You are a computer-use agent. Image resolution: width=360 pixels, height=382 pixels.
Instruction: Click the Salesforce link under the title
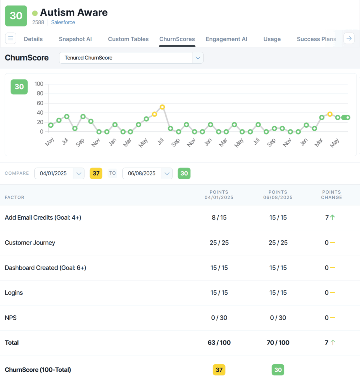coord(63,22)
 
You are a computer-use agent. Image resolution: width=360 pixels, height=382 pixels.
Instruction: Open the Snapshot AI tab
coord(75,39)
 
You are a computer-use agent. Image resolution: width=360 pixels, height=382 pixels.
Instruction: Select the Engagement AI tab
coord(226,39)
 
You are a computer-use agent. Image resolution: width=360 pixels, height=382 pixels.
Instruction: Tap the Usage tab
coord(272,39)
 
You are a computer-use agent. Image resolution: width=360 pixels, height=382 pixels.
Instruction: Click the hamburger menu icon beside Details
coord(11,38)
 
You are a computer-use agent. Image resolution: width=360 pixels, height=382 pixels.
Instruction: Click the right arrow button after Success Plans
coord(349,38)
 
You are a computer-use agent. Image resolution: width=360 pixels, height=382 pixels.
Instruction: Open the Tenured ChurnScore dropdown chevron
coord(198,58)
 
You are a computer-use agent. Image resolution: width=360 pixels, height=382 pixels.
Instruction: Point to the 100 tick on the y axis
coord(39,84)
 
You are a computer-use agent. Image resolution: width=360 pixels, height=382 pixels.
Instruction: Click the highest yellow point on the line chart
coord(162,107)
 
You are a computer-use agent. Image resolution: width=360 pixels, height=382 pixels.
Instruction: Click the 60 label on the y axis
coord(40,103)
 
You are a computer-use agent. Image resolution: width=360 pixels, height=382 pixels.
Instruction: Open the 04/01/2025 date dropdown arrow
coord(79,174)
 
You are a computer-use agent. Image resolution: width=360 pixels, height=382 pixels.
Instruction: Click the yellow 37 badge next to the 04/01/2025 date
coord(96,174)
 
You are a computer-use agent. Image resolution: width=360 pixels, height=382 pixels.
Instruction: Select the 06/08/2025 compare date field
coord(142,174)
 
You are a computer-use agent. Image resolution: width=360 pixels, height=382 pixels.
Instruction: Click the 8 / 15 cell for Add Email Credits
coord(219,217)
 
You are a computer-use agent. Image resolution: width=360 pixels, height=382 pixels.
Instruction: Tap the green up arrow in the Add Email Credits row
coord(332,217)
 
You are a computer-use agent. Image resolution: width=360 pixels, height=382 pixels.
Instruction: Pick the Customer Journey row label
coord(30,243)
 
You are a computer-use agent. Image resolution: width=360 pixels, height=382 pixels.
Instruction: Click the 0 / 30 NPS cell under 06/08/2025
coord(278,318)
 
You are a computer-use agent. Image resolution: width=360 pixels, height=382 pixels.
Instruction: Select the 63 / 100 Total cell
coord(219,343)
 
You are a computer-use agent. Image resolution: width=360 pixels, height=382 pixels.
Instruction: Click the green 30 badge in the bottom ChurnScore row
coord(278,370)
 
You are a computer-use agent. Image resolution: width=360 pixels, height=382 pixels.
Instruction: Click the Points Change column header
coord(331,195)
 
